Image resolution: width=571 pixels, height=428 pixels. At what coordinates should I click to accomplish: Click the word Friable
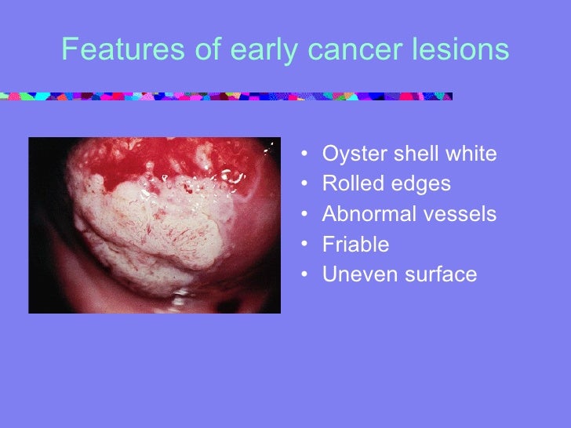[355, 245]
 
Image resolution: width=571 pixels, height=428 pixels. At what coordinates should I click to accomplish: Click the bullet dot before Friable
[304, 245]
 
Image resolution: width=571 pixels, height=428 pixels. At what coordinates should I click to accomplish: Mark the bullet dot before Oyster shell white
[304, 154]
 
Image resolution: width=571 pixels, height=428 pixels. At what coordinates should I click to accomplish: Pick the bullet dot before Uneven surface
[304, 275]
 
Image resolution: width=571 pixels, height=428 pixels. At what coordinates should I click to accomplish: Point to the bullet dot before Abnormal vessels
[304, 215]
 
